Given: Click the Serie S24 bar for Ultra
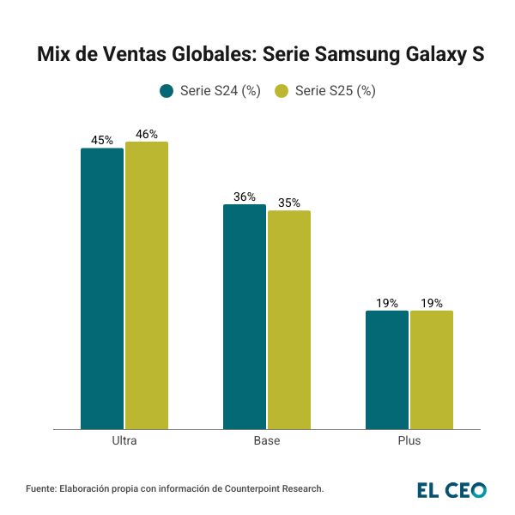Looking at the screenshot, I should (x=102, y=288).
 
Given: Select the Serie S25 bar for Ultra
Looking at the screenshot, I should (x=147, y=285).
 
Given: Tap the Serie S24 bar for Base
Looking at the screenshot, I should (x=245, y=317).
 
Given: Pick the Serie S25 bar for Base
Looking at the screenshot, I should (x=289, y=319).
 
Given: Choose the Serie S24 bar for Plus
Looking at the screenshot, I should (x=387, y=370).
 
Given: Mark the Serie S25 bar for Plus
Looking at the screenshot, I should (x=432, y=370).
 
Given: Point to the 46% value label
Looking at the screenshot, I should (x=147, y=134).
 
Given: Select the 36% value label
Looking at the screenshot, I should (x=245, y=197).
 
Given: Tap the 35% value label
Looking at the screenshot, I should (x=289, y=203).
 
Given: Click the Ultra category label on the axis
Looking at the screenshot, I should (x=124, y=441).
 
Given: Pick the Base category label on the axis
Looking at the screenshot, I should (x=267, y=441).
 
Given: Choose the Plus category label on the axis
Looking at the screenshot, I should (x=409, y=441).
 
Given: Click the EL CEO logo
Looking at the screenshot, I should (x=451, y=489).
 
